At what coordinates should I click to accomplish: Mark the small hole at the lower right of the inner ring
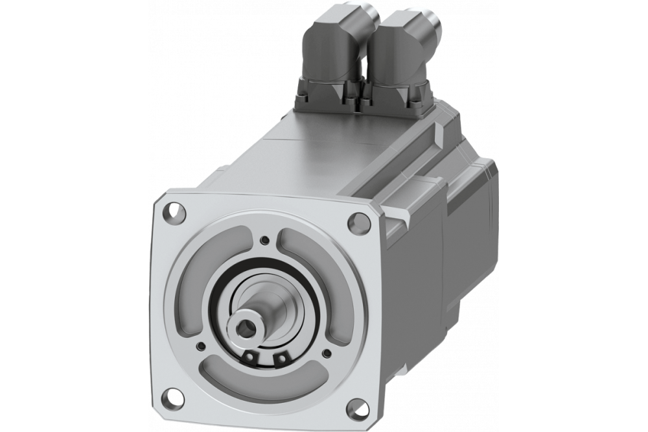325,353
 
